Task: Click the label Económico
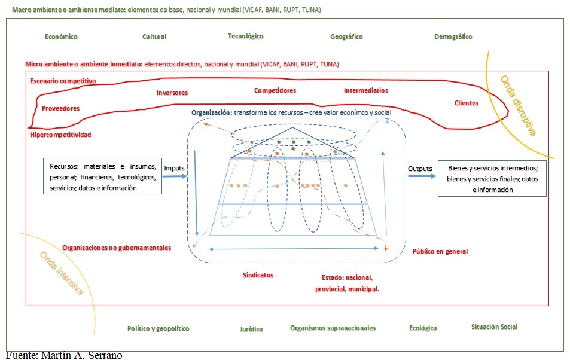pos(61,36)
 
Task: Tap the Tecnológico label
pos(245,36)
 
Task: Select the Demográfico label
pos(453,36)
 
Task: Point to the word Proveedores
pos(60,108)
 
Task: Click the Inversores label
pos(172,93)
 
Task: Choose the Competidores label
pos(275,90)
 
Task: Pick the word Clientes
pos(467,103)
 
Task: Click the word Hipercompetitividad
pos(60,135)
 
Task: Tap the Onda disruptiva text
pos(519,105)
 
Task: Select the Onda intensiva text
pos(62,273)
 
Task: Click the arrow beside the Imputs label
pos(175,176)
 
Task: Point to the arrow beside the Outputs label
pos(422,176)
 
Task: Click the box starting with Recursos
pos(102,176)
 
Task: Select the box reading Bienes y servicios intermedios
pos(492,179)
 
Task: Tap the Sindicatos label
pos(258,275)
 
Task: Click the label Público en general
pos(440,251)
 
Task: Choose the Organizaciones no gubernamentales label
pos(116,248)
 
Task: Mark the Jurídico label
pos(251,329)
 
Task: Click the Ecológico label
pos(423,328)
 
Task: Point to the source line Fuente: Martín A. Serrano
pos(64,355)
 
